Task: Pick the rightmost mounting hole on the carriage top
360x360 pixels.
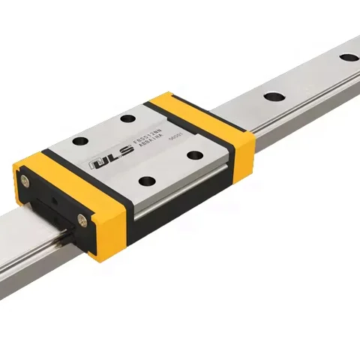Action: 195,155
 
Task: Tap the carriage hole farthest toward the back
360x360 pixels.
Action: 128,118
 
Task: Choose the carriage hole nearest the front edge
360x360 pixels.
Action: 147,181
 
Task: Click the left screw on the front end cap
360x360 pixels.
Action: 26,181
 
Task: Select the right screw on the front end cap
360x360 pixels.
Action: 82,220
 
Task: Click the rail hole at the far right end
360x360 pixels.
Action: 348,57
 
